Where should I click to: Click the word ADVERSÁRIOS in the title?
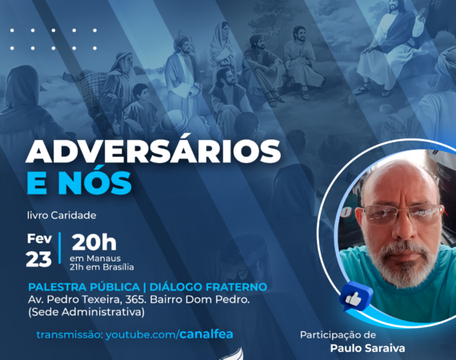coord(154,152)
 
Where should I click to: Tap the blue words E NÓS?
coord(79,183)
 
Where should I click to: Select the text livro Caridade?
coord(62,215)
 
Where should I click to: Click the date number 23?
coord(38,259)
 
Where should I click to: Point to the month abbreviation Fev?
coord(39,238)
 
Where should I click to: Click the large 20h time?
coord(94,242)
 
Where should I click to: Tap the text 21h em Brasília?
coord(102,267)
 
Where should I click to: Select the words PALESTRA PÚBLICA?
coord(84,287)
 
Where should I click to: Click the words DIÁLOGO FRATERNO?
coord(208,287)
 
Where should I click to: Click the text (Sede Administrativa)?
coord(86,312)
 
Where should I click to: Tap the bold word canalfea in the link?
coord(206,334)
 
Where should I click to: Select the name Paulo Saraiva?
coord(367,348)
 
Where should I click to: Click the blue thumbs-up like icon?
coord(355,296)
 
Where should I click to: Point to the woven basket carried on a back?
coord(93,81)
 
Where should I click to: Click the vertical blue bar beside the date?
coord(60,248)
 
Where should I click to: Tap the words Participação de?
coord(338,335)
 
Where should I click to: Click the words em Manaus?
coord(95,258)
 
